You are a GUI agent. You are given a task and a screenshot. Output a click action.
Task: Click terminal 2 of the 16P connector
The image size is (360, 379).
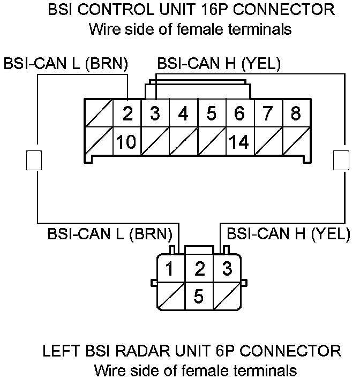pos(127,113)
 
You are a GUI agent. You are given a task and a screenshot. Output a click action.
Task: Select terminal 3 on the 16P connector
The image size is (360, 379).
pos(155,113)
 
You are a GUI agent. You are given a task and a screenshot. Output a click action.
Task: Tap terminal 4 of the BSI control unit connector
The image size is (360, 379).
pos(184,113)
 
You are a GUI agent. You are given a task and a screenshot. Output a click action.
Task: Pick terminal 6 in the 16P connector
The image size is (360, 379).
pos(239,113)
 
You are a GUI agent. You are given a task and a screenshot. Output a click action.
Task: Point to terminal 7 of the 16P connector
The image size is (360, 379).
pos(267,113)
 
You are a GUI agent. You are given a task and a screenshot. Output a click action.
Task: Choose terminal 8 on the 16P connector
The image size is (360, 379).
pos(295,113)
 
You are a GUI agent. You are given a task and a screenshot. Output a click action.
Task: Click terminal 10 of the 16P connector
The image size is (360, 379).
pos(127,142)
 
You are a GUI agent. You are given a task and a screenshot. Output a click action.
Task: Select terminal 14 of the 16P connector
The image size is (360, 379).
pos(239,142)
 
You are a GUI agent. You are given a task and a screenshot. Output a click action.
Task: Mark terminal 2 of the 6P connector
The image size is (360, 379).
pos(199,268)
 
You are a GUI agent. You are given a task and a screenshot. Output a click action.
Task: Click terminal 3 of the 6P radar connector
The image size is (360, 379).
pos(227,268)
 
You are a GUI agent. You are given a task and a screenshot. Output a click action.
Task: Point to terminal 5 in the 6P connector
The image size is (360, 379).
pos(199,296)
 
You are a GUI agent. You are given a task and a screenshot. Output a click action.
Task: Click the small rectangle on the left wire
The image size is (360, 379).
pos(33,160)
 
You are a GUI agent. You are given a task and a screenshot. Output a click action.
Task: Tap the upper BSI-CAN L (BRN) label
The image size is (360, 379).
pos(66,64)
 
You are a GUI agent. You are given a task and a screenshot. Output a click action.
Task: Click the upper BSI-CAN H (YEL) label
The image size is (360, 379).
pos(219,64)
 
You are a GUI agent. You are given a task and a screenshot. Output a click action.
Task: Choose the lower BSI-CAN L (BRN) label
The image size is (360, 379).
pos(110,234)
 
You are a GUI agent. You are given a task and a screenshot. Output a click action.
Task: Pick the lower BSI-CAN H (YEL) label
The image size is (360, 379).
pos(288,234)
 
